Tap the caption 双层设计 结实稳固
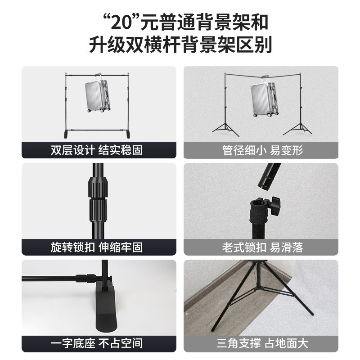click(x=97, y=150)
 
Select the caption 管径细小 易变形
click(x=262, y=150)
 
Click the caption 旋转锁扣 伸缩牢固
click(x=97, y=247)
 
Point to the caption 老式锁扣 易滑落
click(x=262, y=247)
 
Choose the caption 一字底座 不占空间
click(x=97, y=343)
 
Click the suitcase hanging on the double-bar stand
click(x=98, y=94)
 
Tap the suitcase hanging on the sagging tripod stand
click(x=264, y=98)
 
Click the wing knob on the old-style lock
click(x=275, y=206)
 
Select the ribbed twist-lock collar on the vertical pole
click(x=98, y=199)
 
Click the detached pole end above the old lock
click(x=269, y=175)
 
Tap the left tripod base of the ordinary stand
click(x=225, y=129)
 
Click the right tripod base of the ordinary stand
click(x=298, y=129)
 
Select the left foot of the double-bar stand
click(x=67, y=134)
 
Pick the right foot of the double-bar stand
click(x=128, y=134)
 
